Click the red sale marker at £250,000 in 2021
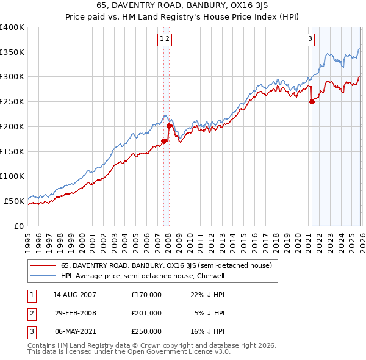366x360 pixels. point(312,102)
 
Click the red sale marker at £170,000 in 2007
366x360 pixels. point(163,141)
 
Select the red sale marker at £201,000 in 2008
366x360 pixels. point(170,126)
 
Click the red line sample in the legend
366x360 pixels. point(43,265)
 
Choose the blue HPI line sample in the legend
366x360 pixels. point(43,276)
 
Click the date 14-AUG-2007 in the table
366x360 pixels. point(74,295)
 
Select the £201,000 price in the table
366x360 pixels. point(146,313)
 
